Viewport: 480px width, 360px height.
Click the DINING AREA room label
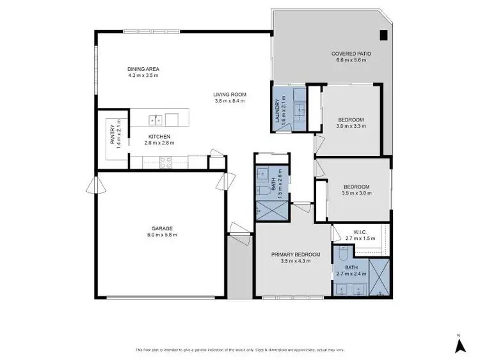click(x=143, y=69)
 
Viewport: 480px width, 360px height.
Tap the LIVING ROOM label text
click(x=230, y=95)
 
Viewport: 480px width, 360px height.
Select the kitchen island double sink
click(x=156, y=120)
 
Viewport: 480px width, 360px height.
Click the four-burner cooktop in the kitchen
click(x=164, y=163)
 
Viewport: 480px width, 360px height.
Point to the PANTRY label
click(x=112, y=136)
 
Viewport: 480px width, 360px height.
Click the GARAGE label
click(x=162, y=228)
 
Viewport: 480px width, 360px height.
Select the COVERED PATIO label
click(x=351, y=54)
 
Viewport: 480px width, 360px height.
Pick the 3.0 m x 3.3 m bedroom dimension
click(x=351, y=127)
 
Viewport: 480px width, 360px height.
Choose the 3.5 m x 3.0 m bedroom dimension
click(x=356, y=193)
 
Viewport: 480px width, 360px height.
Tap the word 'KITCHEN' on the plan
click(x=158, y=137)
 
